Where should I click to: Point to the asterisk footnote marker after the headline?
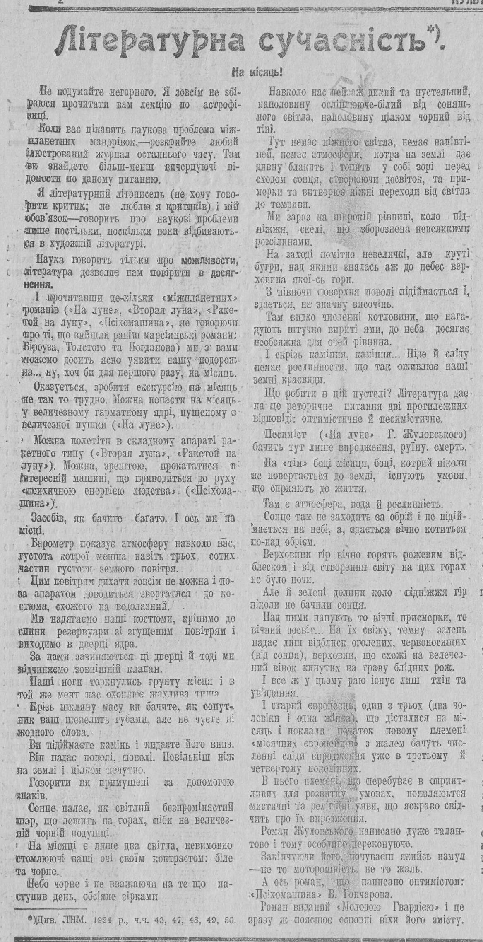(x=433, y=30)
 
